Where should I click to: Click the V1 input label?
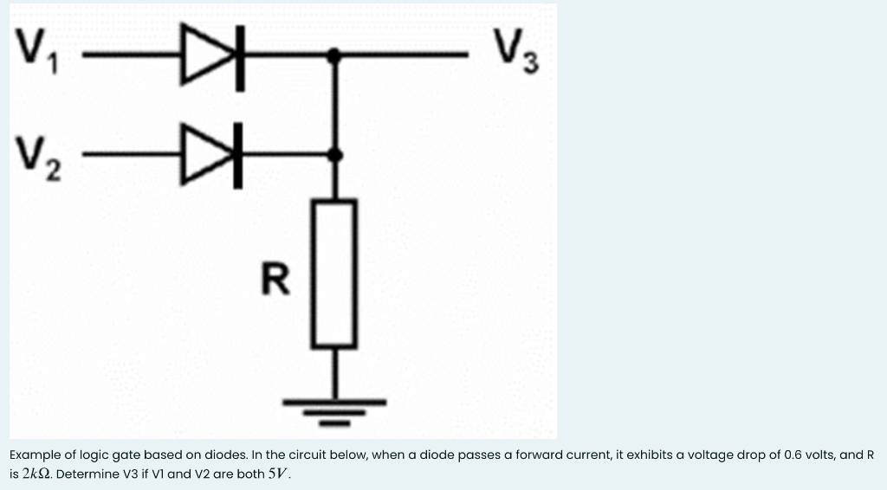pos(37,57)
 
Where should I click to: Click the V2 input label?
pos(37,158)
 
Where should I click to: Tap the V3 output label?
pos(518,54)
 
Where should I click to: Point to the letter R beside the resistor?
pos(275,280)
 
